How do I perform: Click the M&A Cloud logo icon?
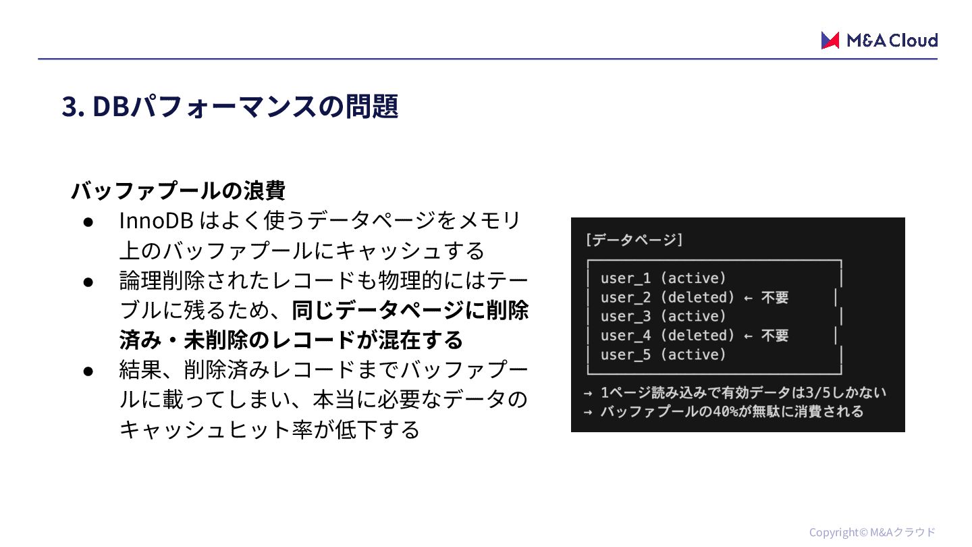[x=830, y=41]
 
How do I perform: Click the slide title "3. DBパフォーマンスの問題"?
[x=230, y=106]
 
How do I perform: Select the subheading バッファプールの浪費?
[x=178, y=190]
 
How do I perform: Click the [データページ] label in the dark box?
[x=634, y=240]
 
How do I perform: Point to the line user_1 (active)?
[x=664, y=278]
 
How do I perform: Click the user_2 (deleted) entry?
[x=667, y=297]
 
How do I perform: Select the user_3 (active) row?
[x=664, y=316]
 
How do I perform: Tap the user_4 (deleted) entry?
[x=667, y=336]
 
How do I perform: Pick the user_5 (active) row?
[x=664, y=355]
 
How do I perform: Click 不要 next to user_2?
[x=775, y=298]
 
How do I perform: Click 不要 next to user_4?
[x=775, y=336]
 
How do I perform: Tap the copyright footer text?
[x=872, y=532]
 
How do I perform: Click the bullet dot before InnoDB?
[x=88, y=222]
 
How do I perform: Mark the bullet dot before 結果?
[x=88, y=370]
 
